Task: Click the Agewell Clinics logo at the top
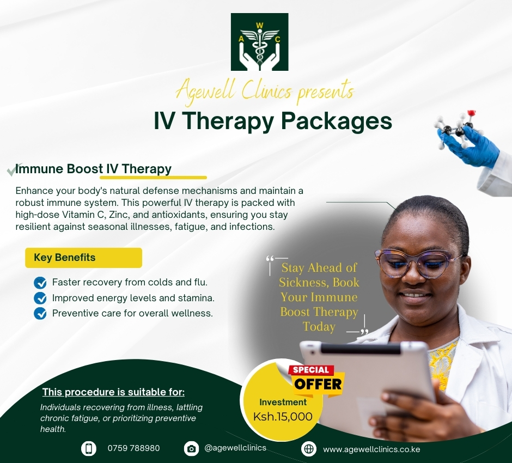click(x=259, y=42)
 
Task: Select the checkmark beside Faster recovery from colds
click(x=40, y=283)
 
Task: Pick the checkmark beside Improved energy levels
click(x=40, y=298)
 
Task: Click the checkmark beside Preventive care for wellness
click(x=40, y=313)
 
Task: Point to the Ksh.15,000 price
click(x=283, y=417)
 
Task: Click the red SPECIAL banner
click(x=311, y=370)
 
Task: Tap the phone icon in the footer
click(x=89, y=448)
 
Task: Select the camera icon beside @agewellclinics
click(x=191, y=448)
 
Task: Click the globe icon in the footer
click(x=309, y=449)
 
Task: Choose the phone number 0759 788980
click(x=133, y=448)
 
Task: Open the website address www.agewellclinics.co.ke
click(x=371, y=449)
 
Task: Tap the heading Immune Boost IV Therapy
click(x=93, y=169)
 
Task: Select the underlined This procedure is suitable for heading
click(x=113, y=392)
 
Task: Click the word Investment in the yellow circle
click(x=283, y=402)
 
